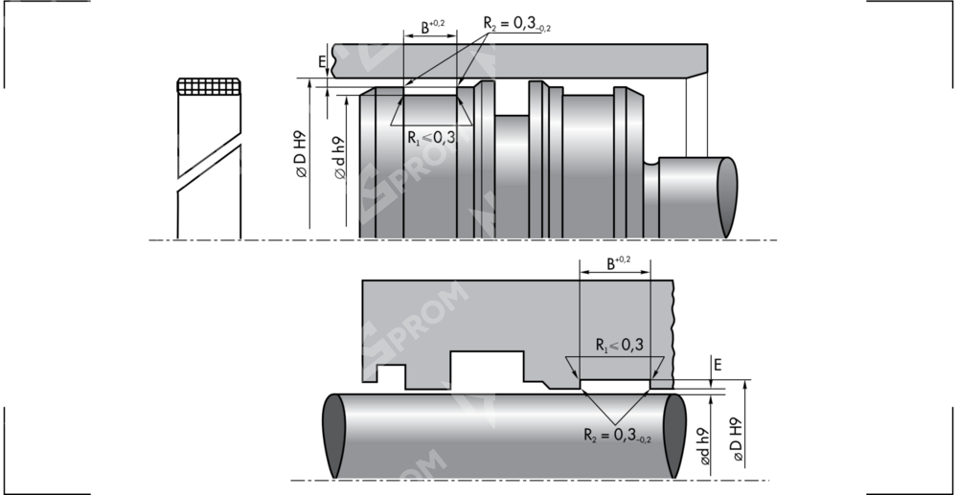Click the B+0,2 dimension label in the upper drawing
coord(432,27)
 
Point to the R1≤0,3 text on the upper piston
coord(431,138)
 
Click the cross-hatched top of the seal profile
coord(210,87)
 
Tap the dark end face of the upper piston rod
coord(727,196)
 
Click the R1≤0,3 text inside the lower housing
coord(618,345)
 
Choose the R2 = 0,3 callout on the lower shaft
coord(617,436)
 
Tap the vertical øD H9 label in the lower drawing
coord(737,440)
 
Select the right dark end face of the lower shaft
coord(674,436)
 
